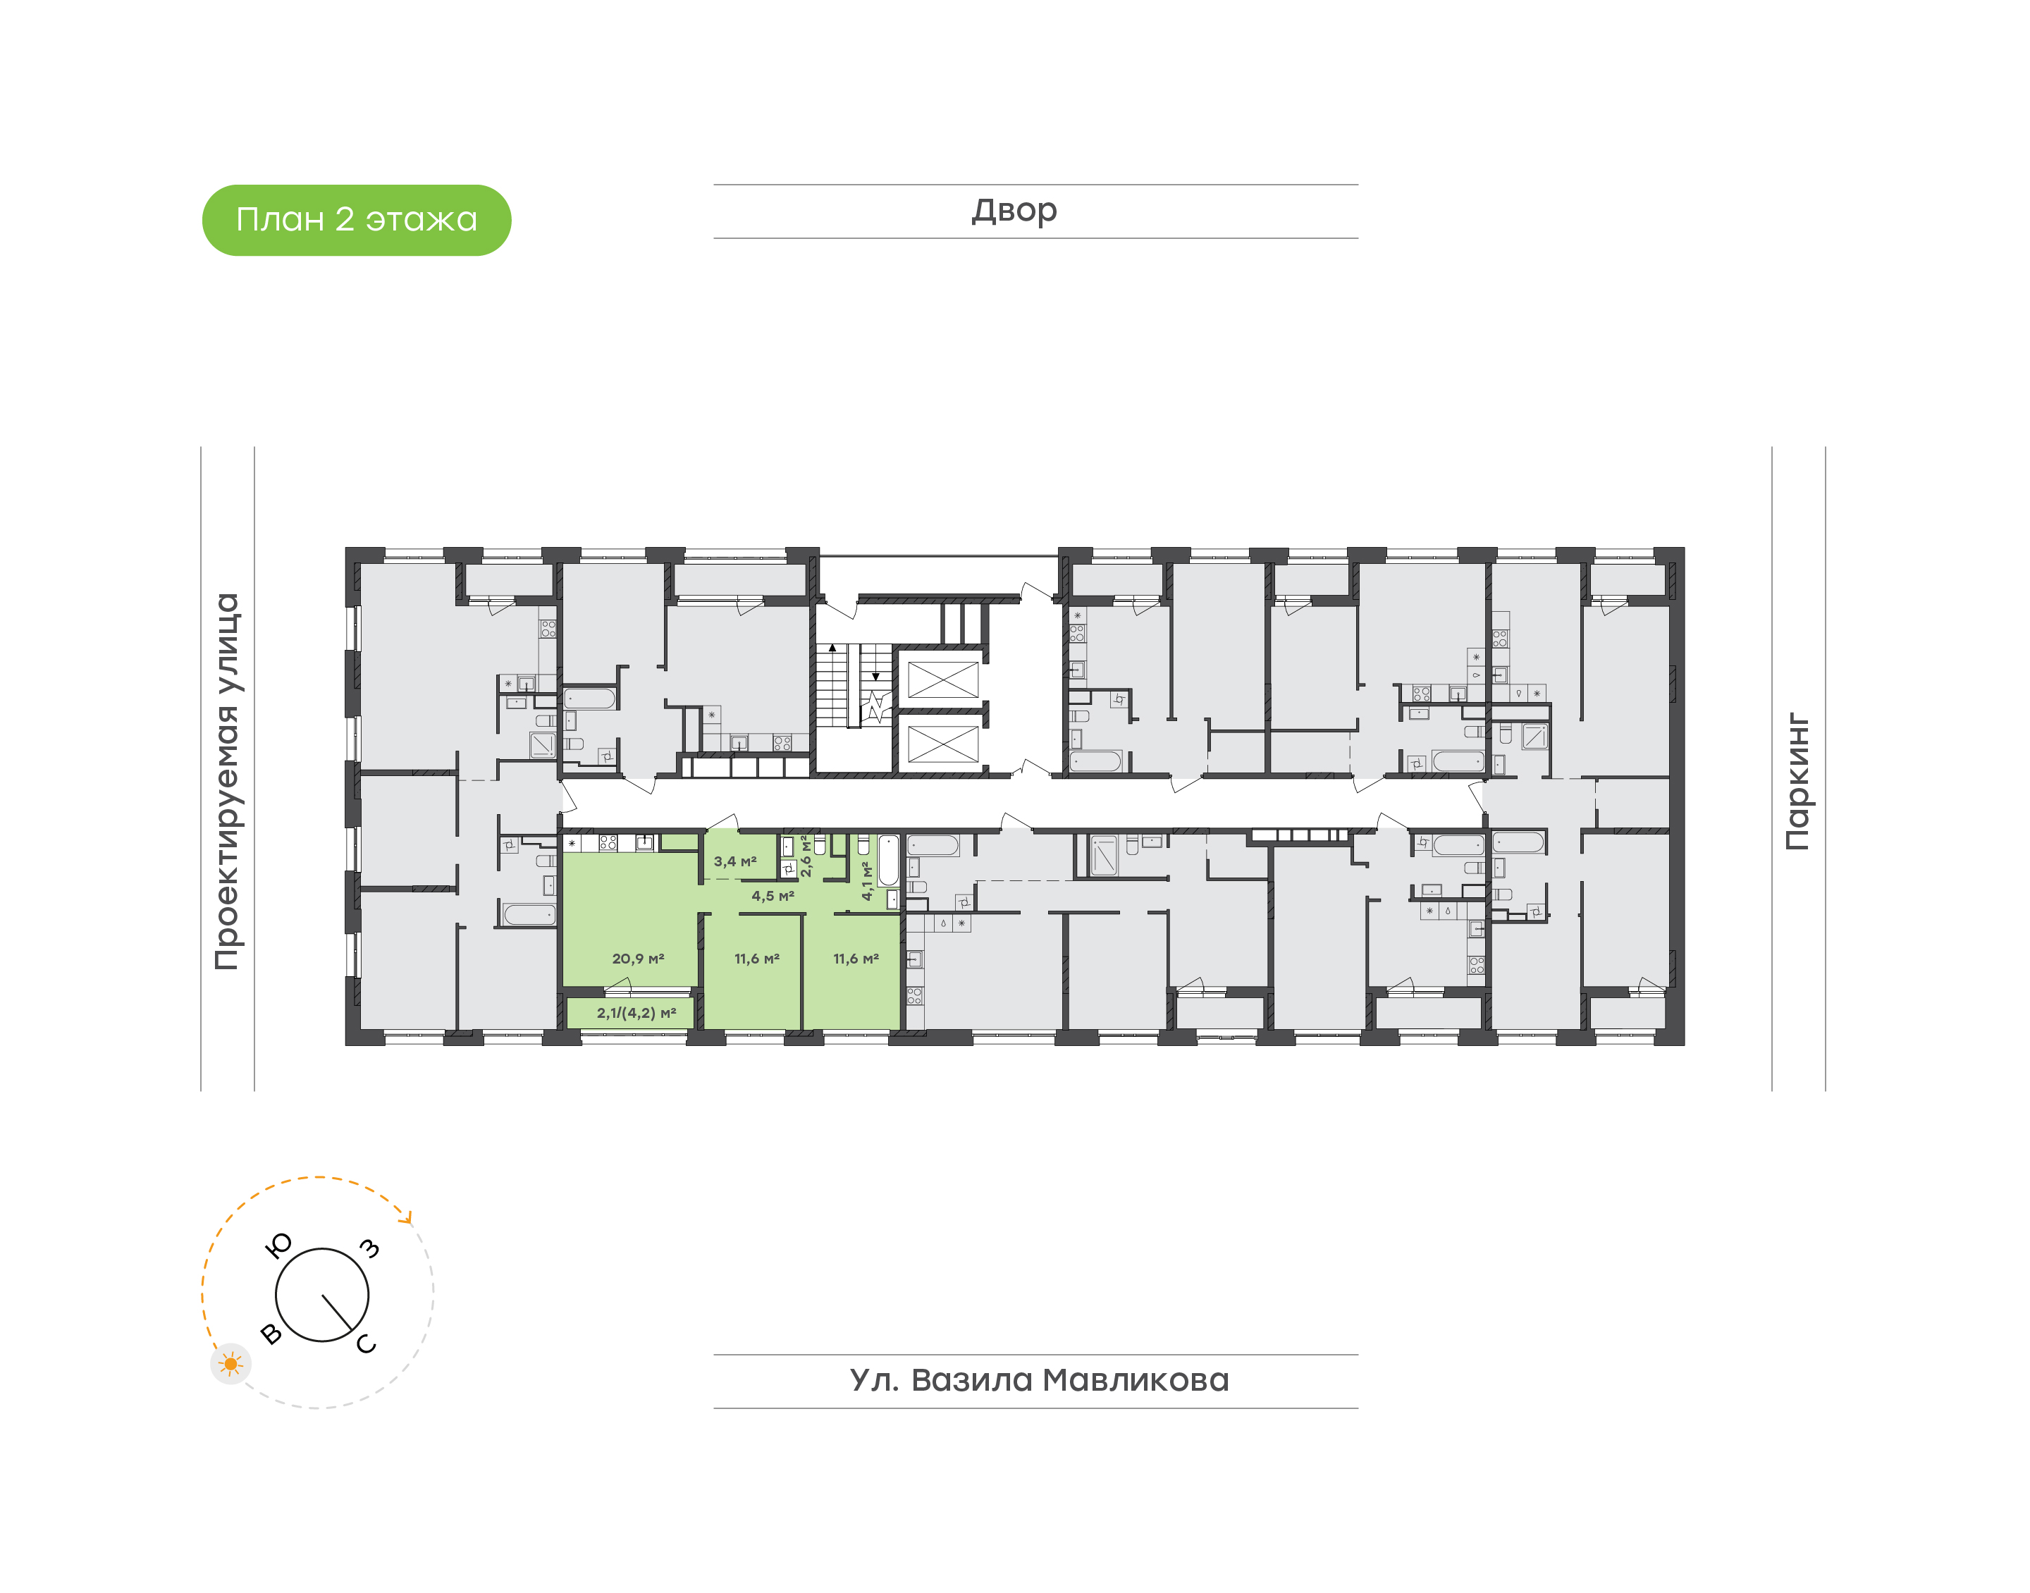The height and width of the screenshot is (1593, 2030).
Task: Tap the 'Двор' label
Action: coord(1014,211)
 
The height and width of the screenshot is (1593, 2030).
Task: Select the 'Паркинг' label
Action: coord(1798,782)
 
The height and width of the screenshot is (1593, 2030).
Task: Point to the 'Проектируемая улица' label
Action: coord(226,782)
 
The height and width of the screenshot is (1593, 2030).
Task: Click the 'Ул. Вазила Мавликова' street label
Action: coord(1039,1380)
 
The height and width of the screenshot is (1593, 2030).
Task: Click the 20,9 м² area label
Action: coord(638,959)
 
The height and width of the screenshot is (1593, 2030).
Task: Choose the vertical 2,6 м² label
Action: coord(806,855)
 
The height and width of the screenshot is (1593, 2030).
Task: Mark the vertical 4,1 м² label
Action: coord(866,880)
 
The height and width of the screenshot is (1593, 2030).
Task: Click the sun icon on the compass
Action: coord(230,1365)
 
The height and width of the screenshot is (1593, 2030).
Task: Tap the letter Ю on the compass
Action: coord(279,1245)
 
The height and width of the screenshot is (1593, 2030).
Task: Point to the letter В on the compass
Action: coord(271,1334)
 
